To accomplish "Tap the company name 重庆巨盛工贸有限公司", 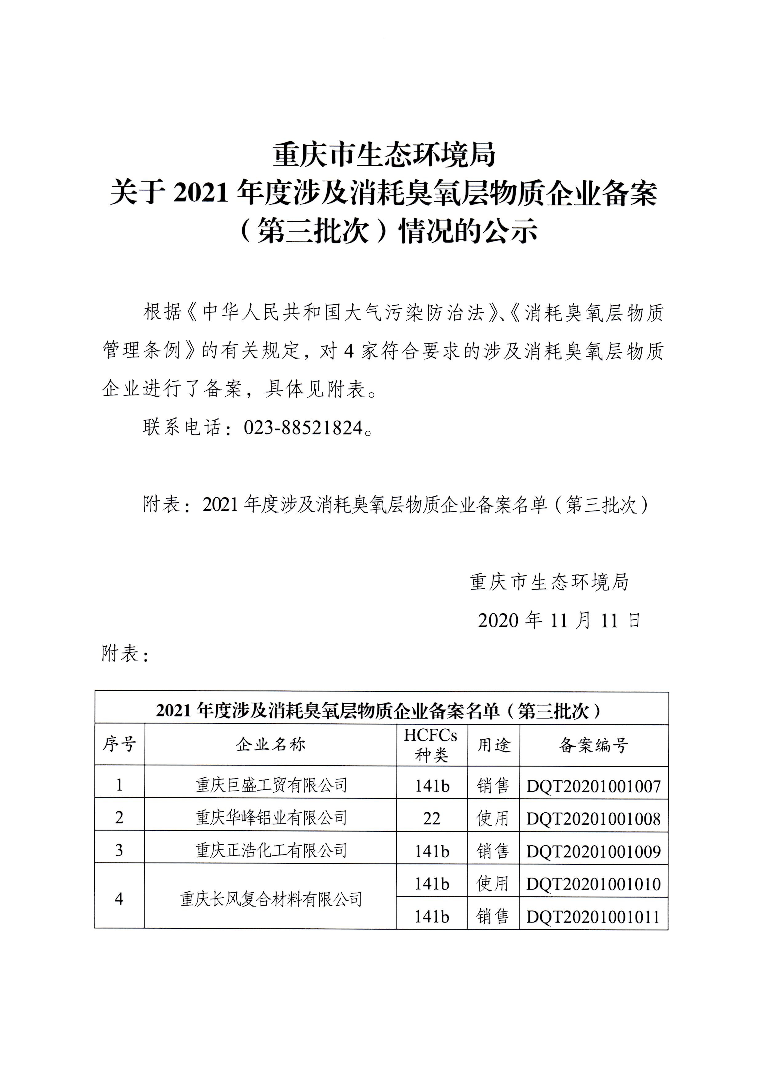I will click(271, 785).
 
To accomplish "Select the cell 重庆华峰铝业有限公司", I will click(271, 818).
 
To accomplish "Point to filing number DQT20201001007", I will click(593, 786).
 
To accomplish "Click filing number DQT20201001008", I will click(593, 819).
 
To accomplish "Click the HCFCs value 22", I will click(431, 819).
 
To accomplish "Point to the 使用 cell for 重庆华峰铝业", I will click(493, 819).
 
